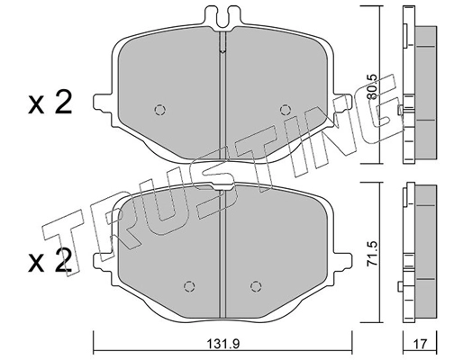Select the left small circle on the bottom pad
(x=188, y=287)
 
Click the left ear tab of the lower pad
(x=99, y=261)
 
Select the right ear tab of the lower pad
(x=346, y=261)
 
